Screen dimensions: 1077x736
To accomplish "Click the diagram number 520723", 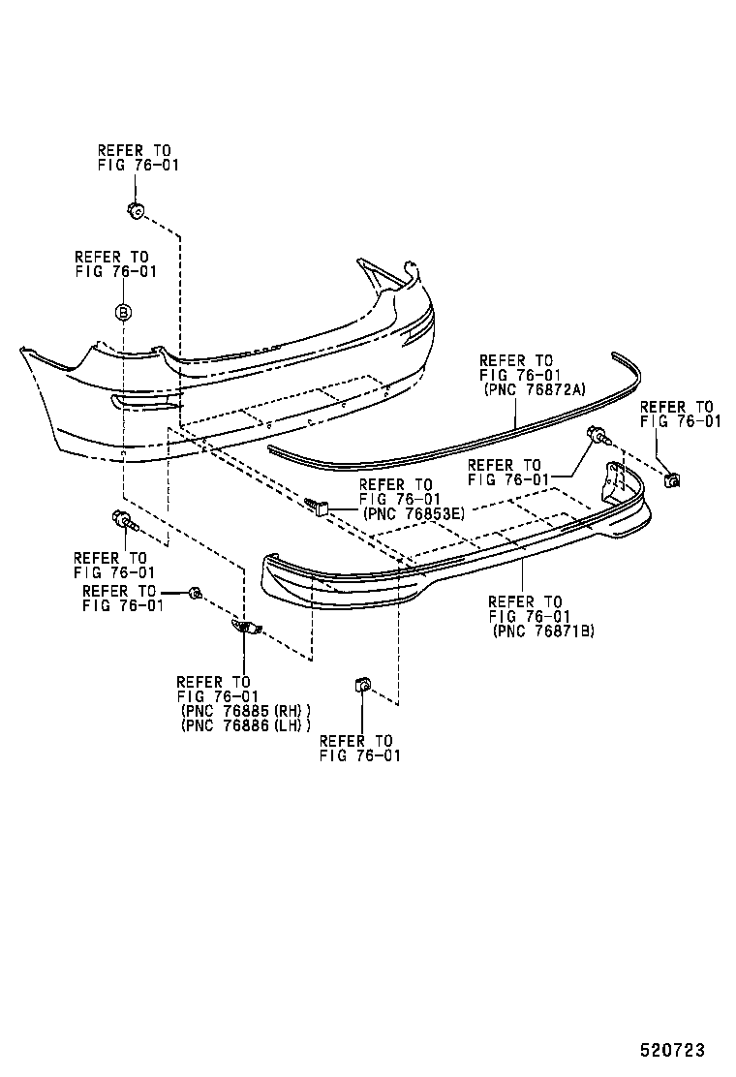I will [x=671, y=1050].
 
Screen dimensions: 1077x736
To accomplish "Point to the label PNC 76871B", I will [x=542, y=631].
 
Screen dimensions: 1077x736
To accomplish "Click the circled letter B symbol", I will [x=123, y=312].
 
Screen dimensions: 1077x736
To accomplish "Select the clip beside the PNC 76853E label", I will [x=321, y=505].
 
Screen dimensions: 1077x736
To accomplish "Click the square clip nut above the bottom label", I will [x=360, y=687].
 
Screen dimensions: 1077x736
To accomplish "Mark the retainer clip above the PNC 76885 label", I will [x=246, y=628].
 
